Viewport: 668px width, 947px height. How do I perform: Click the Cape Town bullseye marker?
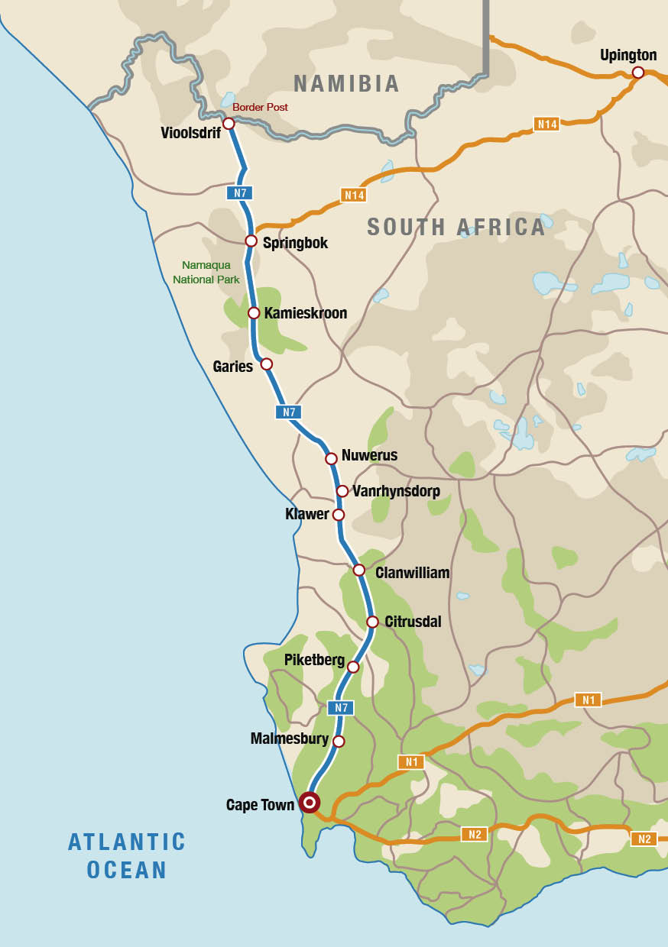click(x=310, y=802)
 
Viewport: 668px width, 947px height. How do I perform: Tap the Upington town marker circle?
click(x=638, y=73)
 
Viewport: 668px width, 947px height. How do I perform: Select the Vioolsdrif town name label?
click(x=190, y=133)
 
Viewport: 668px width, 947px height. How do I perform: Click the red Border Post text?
click(x=260, y=108)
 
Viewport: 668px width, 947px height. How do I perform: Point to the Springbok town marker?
click(x=251, y=241)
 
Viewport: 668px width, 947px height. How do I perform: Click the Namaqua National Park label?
click(x=206, y=273)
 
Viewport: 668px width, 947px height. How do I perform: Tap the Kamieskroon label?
click(x=305, y=313)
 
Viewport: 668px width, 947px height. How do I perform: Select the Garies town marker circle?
click(x=266, y=364)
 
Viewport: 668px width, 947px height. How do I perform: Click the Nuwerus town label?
click(x=369, y=456)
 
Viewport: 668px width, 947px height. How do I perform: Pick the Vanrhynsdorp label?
click(x=396, y=491)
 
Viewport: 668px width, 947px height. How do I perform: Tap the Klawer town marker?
click(x=339, y=515)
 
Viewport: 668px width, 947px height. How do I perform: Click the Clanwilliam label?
click(x=412, y=573)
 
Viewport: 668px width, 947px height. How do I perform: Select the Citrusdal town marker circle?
click(x=372, y=622)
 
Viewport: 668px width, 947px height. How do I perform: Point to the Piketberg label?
click(x=314, y=660)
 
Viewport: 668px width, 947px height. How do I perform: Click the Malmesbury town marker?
click(x=339, y=742)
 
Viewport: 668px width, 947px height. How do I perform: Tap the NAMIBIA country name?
click(x=346, y=83)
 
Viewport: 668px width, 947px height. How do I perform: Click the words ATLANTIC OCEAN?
click(x=127, y=855)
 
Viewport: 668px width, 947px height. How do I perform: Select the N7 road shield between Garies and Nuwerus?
click(x=288, y=412)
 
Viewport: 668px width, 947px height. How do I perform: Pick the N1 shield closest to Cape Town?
click(x=410, y=761)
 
